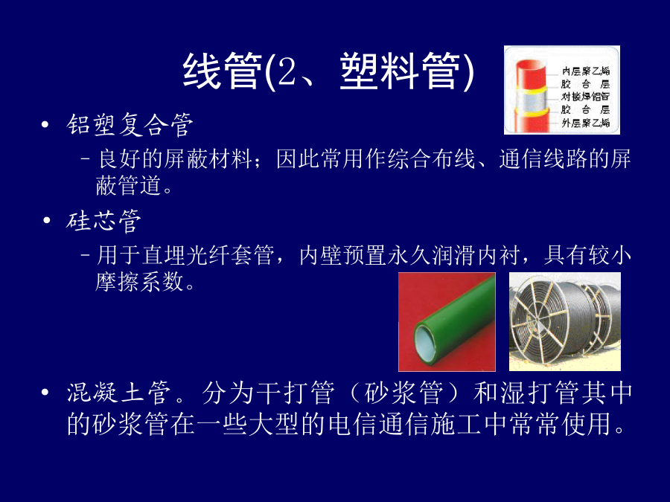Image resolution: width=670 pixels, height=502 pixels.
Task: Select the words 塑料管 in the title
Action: pyautogui.click(x=401, y=71)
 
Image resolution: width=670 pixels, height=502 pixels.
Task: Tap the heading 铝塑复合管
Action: pyautogui.click(x=130, y=125)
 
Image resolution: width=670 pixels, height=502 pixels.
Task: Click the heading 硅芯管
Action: pyautogui.click(x=103, y=221)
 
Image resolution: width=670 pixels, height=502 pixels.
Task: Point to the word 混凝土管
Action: pyautogui.click(x=118, y=393)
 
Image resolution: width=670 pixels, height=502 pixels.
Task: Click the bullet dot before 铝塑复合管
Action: pyautogui.click(x=45, y=125)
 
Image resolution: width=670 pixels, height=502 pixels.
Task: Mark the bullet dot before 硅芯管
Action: pyautogui.click(x=47, y=221)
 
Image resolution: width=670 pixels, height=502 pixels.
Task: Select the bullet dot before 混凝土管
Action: pyautogui.click(x=45, y=392)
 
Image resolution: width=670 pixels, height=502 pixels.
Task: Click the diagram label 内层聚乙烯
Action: pyautogui.click(x=585, y=71)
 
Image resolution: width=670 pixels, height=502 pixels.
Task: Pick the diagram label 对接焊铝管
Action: pyautogui.click(x=585, y=97)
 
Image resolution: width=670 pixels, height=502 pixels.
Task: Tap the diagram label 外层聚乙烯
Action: pyautogui.click(x=585, y=123)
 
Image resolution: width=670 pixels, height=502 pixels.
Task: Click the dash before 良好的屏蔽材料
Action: pyautogui.click(x=86, y=159)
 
